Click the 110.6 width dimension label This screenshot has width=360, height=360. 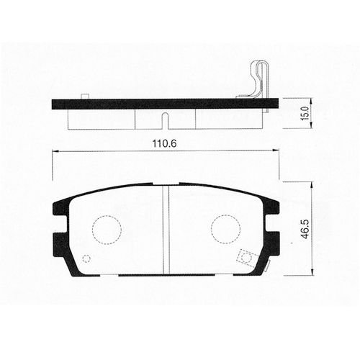(x=164, y=144)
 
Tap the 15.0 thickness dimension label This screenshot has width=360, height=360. (x=305, y=113)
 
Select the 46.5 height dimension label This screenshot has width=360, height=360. (x=305, y=229)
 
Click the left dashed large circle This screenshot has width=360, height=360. (x=107, y=230)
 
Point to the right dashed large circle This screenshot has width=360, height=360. (x=225, y=229)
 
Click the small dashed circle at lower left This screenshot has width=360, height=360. (x=86, y=258)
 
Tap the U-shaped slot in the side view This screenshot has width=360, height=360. (x=166, y=121)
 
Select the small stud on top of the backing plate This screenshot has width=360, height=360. (x=85, y=96)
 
